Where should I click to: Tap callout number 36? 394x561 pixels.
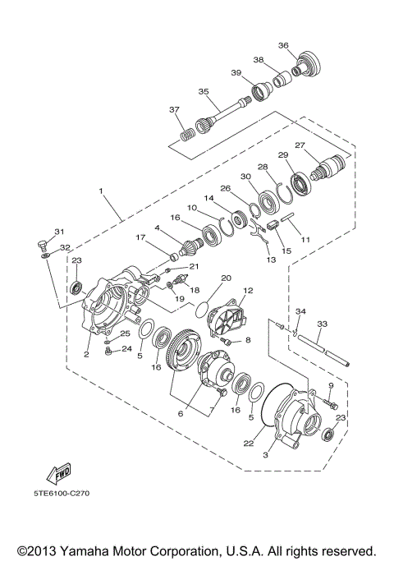(283, 45)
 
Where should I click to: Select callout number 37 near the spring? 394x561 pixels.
(173, 109)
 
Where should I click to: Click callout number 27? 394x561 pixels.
(299, 146)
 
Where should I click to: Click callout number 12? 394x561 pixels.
(248, 291)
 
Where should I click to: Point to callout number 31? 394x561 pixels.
(58, 232)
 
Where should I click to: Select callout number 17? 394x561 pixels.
(140, 238)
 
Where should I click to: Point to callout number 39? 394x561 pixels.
(236, 73)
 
